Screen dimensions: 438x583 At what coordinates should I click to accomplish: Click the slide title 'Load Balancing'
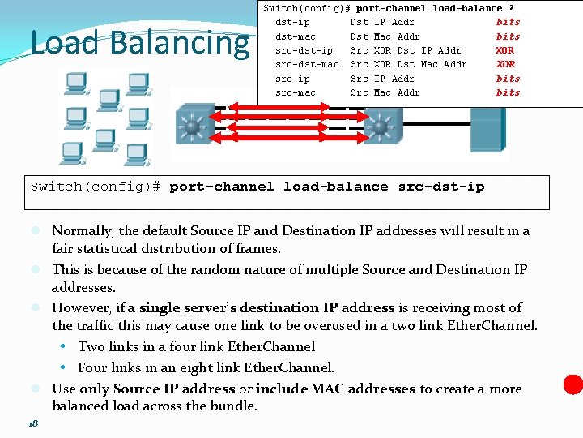pyautogui.click(x=139, y=43)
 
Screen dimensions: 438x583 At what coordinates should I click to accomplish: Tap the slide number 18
pyautogui.click(x=33, y=423)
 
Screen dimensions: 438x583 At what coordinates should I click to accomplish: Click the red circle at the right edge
pyautogui.click(x=573, y=384)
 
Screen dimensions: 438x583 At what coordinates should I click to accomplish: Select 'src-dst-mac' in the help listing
pyautogui.click(x=307, y=64)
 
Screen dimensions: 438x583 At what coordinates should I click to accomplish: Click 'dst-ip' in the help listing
pyautogui.click(x=292, y=22)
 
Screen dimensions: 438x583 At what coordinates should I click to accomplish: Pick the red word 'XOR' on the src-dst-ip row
pyautogui.click(x=504, y=50)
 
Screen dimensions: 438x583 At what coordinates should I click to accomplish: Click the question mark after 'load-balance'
pyautogui.click(x=511, y=8)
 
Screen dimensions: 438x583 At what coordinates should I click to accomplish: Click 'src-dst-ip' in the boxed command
pyautogui.click(x=441, y=187)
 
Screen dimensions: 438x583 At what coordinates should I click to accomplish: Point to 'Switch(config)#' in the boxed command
pyautogui.click(x=96, y=187)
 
